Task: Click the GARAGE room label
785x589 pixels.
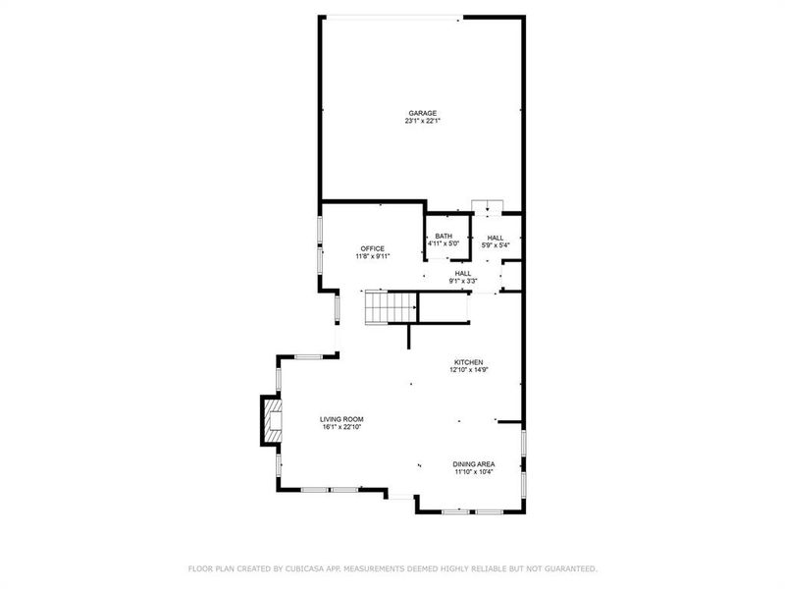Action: click(x=423, y=113)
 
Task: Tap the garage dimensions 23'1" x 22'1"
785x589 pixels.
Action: click(x=423, y=122)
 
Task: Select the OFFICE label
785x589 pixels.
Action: click(x=373, y=248)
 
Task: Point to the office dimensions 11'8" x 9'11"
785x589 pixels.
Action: click(x=373, y=256)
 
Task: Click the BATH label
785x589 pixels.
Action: click(x=444, y=237)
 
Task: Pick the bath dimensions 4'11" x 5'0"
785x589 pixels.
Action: click(x=444, y=244)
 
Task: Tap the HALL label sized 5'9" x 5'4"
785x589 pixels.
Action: click(x=496, y=237)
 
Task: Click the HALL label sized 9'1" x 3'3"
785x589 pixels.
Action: click(x=463, y=273)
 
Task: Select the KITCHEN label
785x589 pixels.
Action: click(x=468, y=362)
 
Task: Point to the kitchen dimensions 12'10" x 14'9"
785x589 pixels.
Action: click(x=468, y=370)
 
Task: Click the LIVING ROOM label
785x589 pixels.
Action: click(x=342, y=419)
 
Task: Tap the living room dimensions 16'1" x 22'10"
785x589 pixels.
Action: click(x=342, y=427)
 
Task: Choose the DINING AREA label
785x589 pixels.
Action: click(x=473, y=464)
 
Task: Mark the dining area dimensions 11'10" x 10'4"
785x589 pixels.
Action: click(x=473, y=472)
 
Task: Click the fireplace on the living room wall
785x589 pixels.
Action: click(x=270, y=420)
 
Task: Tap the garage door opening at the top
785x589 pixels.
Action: click(x=392, y=16)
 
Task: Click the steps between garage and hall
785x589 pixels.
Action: click(x=487, y=205)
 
